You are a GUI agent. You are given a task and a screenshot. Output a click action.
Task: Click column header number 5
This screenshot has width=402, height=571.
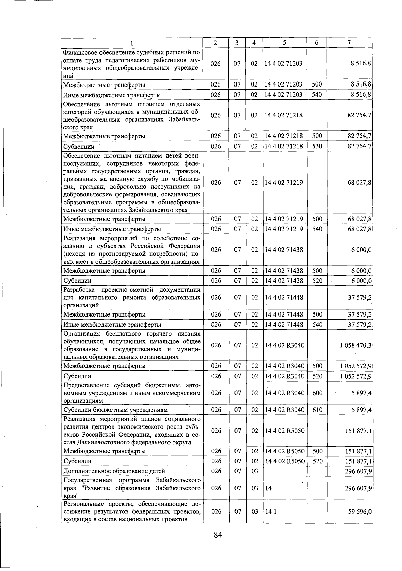tap(284, 43)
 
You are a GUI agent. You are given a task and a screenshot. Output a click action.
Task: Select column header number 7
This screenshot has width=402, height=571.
tap(349, 43)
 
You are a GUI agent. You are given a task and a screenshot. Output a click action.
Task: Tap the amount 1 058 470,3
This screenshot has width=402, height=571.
tap(355, 345)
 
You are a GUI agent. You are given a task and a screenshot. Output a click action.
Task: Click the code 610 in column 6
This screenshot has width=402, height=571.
tap(317, 409)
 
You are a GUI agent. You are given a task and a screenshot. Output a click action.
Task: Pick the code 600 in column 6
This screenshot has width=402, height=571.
tap(317, 393)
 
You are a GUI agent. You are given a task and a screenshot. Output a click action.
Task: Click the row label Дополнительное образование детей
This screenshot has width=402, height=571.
tap(114, 471)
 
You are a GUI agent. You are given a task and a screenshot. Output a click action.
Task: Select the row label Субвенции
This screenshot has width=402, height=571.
tap(79, 146)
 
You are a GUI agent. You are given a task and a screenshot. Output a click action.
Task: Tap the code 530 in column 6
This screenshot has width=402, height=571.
tap(317, 146)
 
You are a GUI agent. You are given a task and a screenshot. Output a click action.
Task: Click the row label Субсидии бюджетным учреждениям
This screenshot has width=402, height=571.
tap(116, 410)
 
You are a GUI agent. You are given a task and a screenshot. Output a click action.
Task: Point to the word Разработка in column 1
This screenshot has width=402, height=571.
tap(79, 290)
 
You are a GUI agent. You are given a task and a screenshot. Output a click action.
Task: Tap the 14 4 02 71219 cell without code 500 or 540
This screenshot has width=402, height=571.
tap(284, 183)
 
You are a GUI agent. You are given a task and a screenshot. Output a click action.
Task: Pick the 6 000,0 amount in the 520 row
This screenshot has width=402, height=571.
tap(361, 280)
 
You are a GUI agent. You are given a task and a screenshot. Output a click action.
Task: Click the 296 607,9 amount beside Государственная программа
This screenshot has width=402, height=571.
tap(358, 488)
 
